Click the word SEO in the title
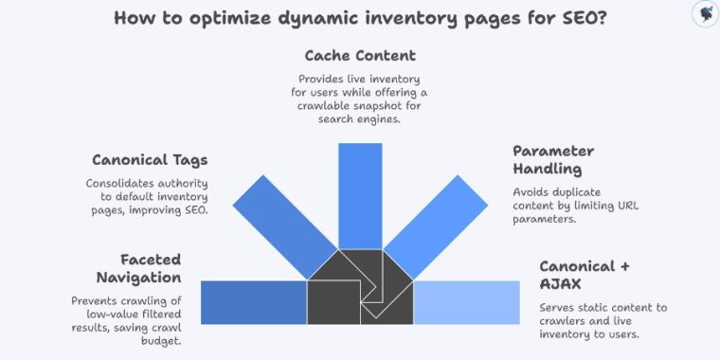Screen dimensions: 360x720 pyautogui.click(x=570, y=18)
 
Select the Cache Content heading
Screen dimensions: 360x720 pyautogui.click(x=360, y=56)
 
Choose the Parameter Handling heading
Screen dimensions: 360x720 pyautogui.click(x=552, y=160)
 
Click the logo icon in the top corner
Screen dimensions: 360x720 pyautogui.click(x=704, y=13)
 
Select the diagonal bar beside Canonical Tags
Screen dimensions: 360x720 pyautogui.click(x=275, y=218)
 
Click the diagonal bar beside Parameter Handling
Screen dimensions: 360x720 pyautogui.click(x=445, y=218)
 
